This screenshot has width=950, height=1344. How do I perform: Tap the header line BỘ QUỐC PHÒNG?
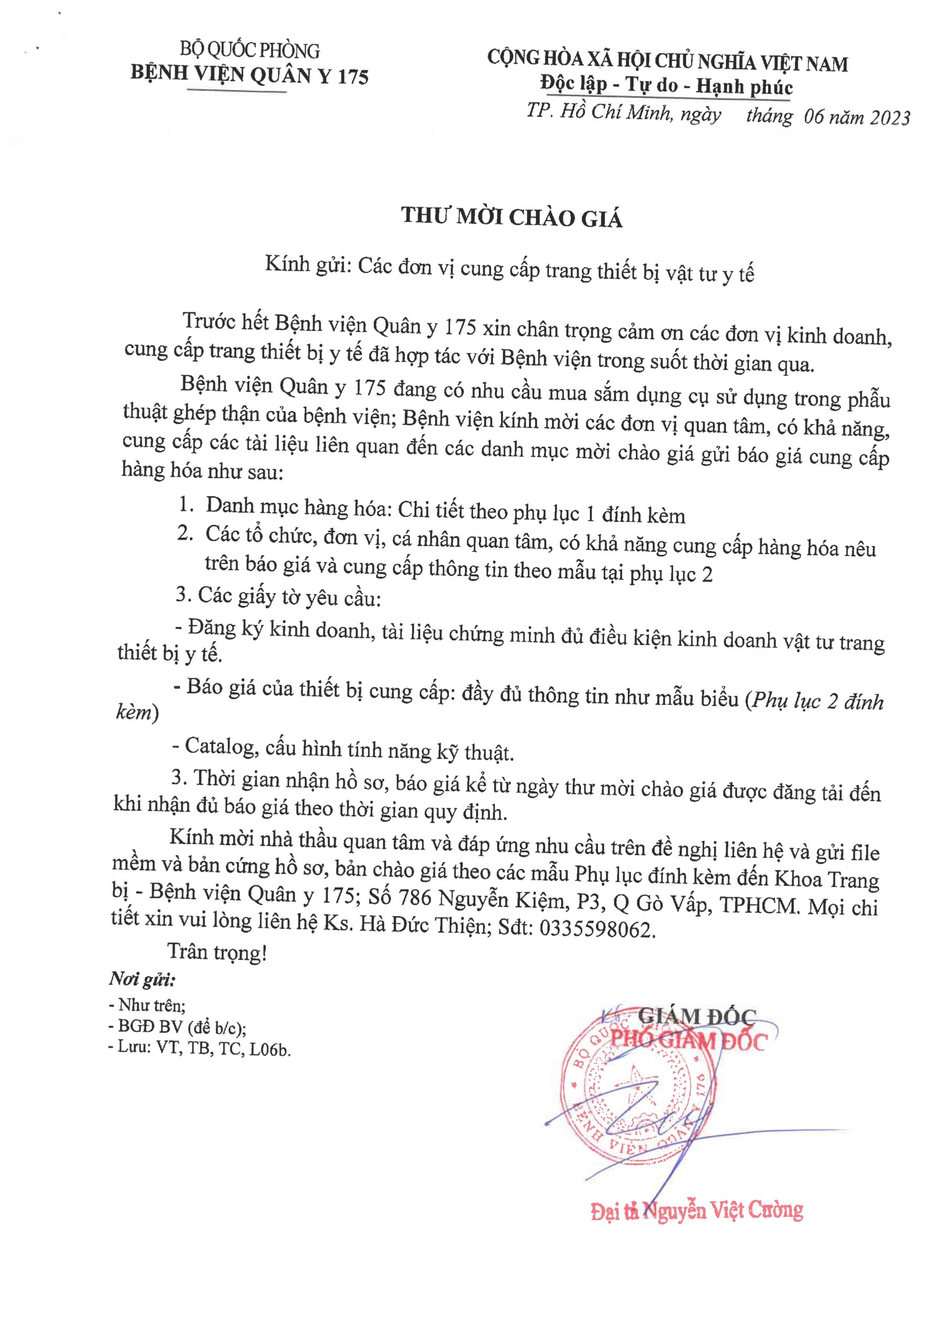coord(249,50)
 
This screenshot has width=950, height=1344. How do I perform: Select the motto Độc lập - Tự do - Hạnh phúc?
coord(667,86)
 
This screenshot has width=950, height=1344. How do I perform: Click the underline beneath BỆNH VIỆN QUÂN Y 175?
coord(237,92)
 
